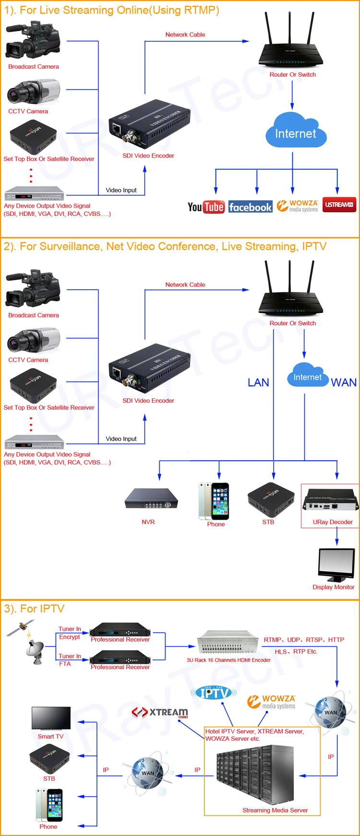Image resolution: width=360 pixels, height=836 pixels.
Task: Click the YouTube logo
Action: click(x=206, y=207)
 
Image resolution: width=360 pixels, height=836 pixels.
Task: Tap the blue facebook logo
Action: click(x=250, y=207)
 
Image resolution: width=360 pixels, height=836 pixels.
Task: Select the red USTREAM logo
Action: click(x=339, y=204)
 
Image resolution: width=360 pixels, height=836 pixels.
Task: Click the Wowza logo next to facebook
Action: click(x=298, y=206)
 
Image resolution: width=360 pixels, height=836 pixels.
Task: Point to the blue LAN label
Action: click(x=258, y=382)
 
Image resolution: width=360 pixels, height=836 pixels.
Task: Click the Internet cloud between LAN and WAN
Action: click(x=308, y=376)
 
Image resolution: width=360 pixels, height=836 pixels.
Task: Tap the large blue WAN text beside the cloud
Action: click(x=344, y=382)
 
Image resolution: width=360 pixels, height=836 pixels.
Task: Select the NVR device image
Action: click(x=151, y=499)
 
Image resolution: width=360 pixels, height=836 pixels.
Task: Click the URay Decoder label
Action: click(x=332, y=522)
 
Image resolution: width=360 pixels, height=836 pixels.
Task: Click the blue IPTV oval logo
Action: click(x=214, y=693)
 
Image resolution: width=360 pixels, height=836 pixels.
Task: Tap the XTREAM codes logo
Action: click(x=160, y=712)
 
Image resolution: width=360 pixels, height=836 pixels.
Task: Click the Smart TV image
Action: click(x=51, y=718)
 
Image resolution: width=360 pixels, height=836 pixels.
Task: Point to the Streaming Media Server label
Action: click(x=275, y=810)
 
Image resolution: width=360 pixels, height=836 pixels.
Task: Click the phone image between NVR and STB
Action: click(x=214, y=501)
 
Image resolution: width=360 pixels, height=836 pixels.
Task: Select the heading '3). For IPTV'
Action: click(x=34, y=609)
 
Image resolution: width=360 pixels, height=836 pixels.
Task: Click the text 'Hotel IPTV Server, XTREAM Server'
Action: click(x=254, y=731)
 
